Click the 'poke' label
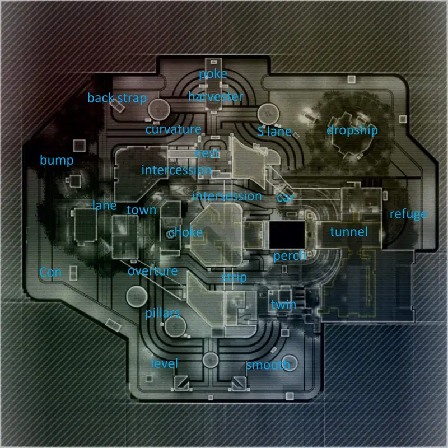pos(213,74)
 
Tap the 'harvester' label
pos(216,97)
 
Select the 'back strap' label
pos(117,99)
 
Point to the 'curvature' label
pos(173,130)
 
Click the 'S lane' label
pos(274,132)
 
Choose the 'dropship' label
pos(352,130)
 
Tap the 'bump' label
pos(56,161)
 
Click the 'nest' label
pos(207,153)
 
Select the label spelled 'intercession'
pos(176,170)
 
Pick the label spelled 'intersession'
pos(227,196)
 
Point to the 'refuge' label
pos(408,214)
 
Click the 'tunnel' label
pos(348,232)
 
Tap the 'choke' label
pos(185,232)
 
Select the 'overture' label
pos(152,272)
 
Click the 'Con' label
pos(50,272)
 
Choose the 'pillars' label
pos(162,313)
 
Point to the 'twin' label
pos(283,305)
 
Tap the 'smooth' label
pos(269,366)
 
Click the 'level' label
pos(165,364)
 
